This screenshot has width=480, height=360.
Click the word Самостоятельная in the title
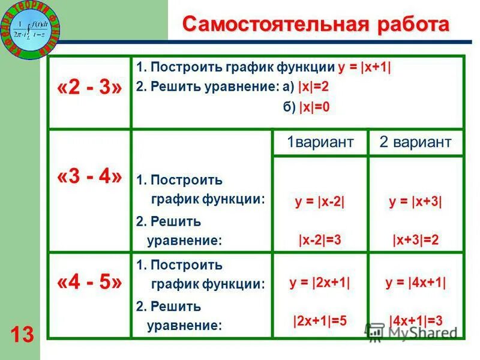tap(271, 25)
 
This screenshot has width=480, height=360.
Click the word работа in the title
tap(409, 25)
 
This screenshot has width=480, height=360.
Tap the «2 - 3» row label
tap(89, 89)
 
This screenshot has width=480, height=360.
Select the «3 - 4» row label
tap(89, 177)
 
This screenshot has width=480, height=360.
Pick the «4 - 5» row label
tap(89, 282)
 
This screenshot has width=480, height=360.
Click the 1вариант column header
tap(320, 142)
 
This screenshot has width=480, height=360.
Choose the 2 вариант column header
tap(415, 142)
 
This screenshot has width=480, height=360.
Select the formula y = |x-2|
tap(320, 202)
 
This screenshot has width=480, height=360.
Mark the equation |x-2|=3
tap(320, 240)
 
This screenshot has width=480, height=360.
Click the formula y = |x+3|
tap(415, 202)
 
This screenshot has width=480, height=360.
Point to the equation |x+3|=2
tap(415, 240)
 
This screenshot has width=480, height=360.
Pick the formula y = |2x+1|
tap(320, 282)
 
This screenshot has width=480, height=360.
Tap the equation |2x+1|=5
tap(320, 320)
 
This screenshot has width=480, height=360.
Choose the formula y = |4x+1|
tap(415, 282)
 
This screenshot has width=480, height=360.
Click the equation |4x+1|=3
tap(415, 320)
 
